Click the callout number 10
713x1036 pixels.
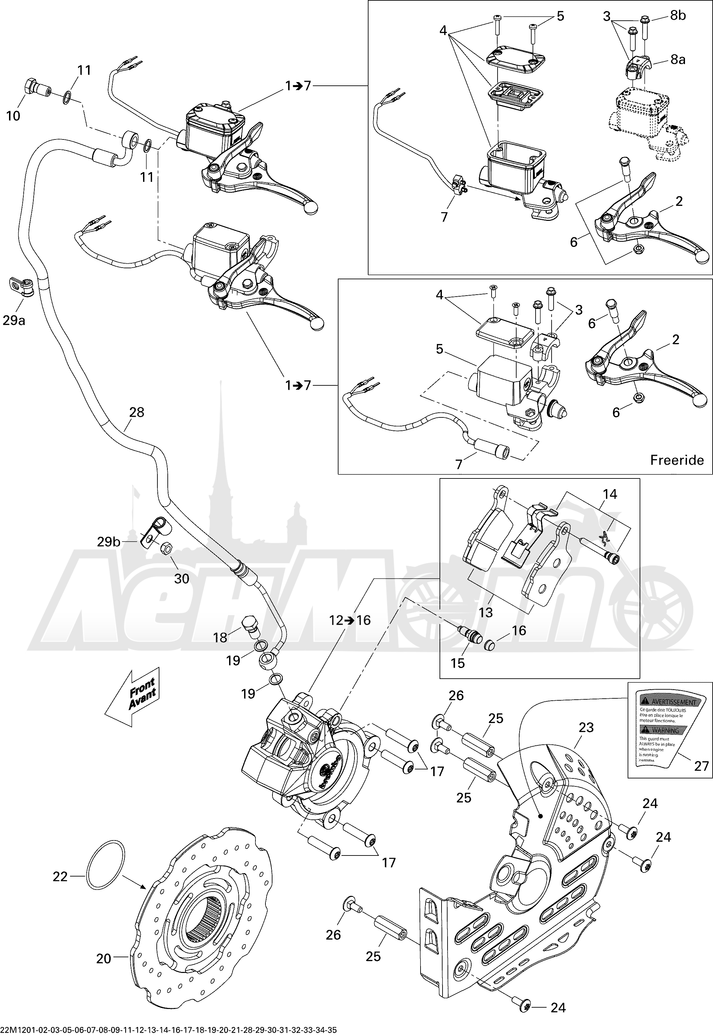point(13,116)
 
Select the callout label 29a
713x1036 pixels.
point(14,320)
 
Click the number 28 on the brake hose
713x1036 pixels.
point(136,412)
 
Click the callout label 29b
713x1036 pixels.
point(109,542)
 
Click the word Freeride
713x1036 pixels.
point(676,460)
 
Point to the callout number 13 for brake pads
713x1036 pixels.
point(486,612)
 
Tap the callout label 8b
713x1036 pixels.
point(678,15)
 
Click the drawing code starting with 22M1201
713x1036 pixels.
point(168,1031)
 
